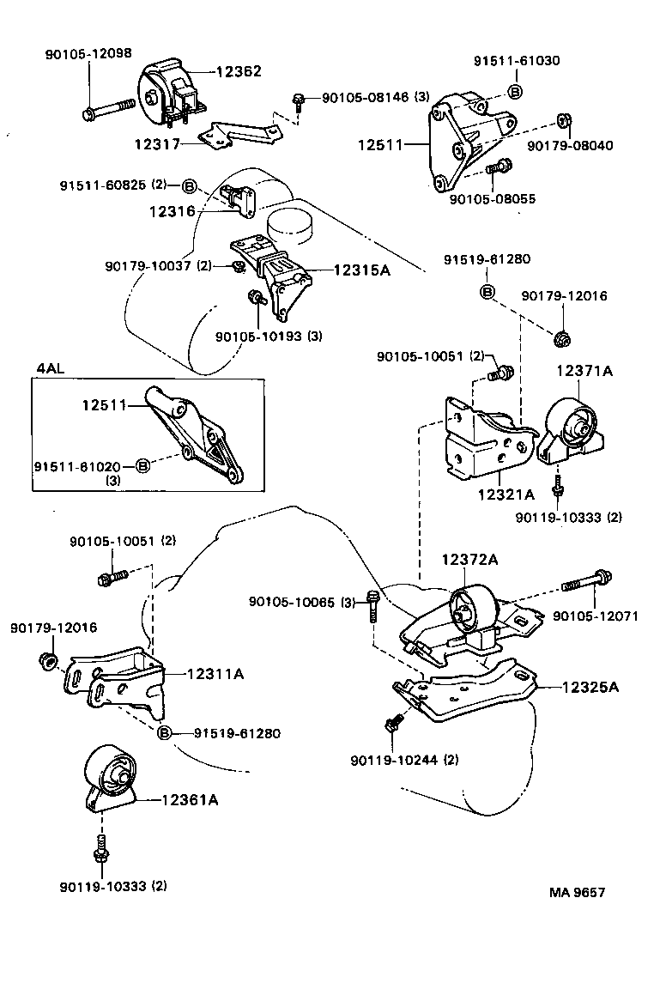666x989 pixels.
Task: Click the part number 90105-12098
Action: (x=88, y=53)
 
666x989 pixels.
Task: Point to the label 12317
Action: (x=157, y=144)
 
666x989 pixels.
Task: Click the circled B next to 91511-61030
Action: (x=515, y=91)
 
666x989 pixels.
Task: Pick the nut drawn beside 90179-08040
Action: (x=563, y=119)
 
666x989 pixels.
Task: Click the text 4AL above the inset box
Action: (x=50, y=368)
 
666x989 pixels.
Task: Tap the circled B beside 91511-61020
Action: (x=143, y=466)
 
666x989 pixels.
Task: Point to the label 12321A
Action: (x=506, y=494)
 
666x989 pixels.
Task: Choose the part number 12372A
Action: (x=470, y=559)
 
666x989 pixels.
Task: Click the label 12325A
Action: (x=593, y=687)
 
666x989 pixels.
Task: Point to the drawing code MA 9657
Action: (x=578, y=892)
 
